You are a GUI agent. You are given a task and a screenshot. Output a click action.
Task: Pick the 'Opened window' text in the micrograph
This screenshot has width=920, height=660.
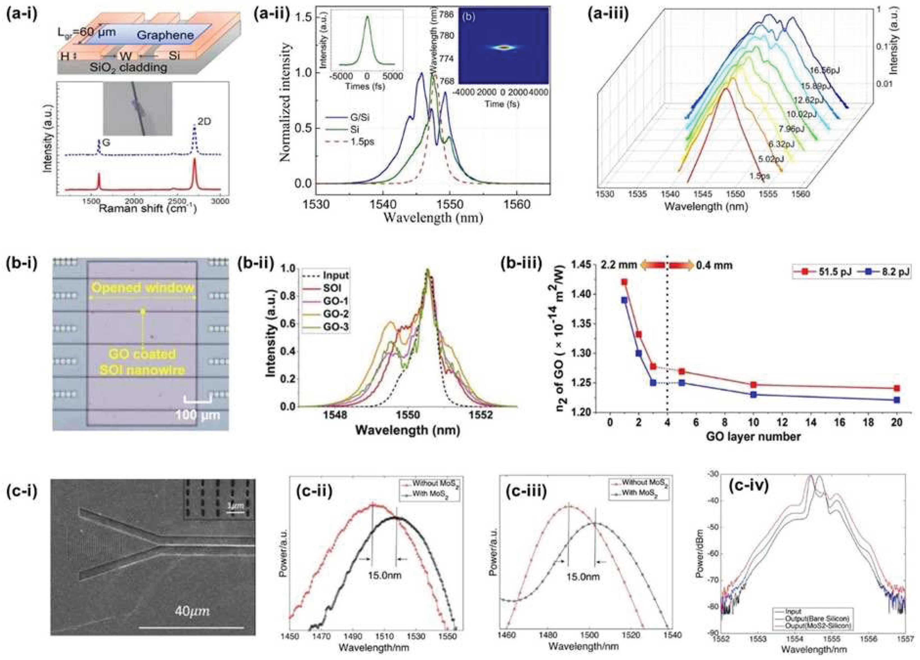142,288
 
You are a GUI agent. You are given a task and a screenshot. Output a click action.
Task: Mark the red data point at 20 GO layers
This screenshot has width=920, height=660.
897,388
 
